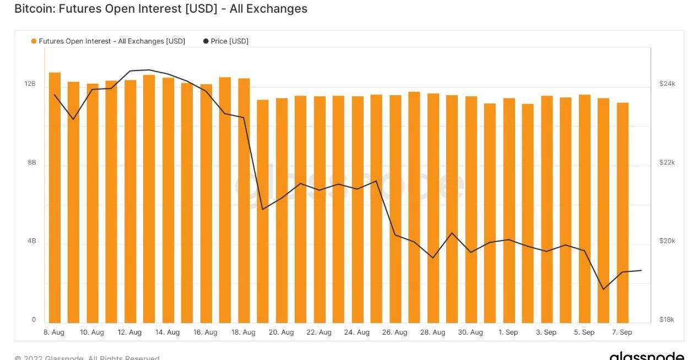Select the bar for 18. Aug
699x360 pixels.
coord(244,200)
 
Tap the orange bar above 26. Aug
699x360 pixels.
coord(395,209)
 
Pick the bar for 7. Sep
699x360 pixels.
coord(622,212)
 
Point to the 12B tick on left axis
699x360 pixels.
coord(30,84)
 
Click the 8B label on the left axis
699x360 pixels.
coord(31,163)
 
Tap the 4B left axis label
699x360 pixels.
coord(31,241)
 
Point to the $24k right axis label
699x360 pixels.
coord(667,84)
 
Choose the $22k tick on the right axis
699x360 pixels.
coord(667,163)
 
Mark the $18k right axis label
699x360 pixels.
coord(667,320)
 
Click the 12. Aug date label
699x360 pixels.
coord(130,332)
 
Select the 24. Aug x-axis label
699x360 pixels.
coord(357,332)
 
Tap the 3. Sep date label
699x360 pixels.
coord(546,332)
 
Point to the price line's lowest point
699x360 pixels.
coord(604,289)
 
